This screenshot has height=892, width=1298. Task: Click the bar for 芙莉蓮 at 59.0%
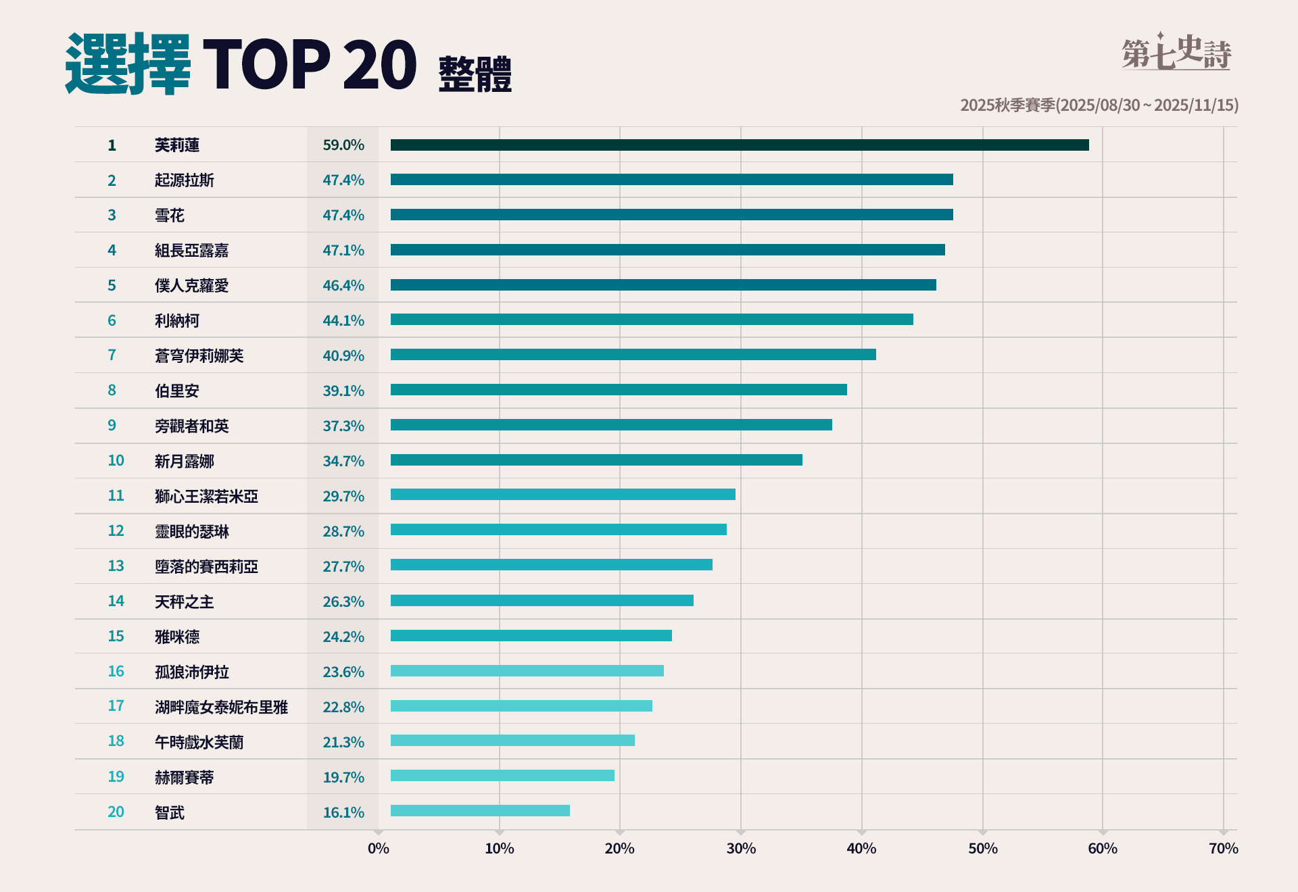click(x=740, y=145)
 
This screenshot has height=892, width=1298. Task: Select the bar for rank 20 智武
click(x=480, y=810)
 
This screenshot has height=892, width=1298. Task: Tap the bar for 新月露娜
click(x=596, y=460)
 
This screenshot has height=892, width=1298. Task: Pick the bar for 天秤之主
click(x=542, y=600)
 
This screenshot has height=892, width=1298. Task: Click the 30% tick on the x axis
click(x=741, y=848)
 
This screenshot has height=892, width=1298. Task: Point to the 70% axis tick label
click(x=1223, y=848)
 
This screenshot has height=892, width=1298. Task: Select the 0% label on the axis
click(x=379, y=848)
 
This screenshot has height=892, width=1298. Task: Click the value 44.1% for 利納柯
click(x=343, y=320)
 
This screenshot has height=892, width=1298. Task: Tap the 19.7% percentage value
click(x=343, y=777)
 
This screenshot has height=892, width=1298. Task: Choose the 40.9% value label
click(x=343, y=355)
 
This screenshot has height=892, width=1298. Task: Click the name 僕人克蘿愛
click(x=191, y=285)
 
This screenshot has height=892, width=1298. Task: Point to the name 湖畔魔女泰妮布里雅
click(x=221, y=707)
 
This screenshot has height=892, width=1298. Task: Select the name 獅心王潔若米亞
click(x=206, y=496)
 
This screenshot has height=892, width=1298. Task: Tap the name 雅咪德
click(x=177, y=637)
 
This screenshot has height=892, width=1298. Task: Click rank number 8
click(x=112, y=390)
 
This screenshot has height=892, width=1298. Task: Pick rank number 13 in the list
click(x=116, y=566)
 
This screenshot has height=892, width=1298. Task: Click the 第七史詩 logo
click(x=1176, y=52)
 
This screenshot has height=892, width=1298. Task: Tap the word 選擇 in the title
click(x=128, y=64)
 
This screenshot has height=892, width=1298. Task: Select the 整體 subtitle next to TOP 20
click(x=475, y=74)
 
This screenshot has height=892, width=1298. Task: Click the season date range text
click(x=1099, y=105)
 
